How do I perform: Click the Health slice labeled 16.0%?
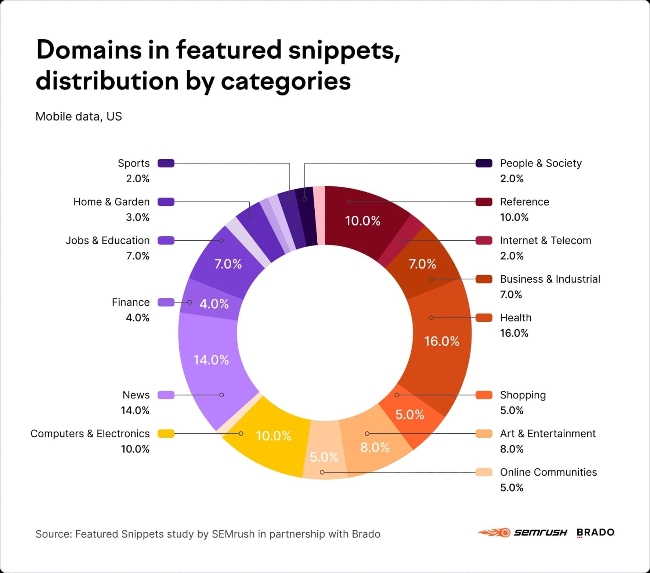coord(441,342)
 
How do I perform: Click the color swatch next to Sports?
coord(166,163)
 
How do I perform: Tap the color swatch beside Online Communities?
coord(484,472)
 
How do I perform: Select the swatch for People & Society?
coord(484,163)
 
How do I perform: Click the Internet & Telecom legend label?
coord(545,240)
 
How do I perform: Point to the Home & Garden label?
coord(111,202)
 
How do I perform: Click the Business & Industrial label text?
coord(550,279)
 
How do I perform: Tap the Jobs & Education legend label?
coord(108,240)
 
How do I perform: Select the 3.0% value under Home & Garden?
coord(138,217)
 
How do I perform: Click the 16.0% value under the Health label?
coord(514,333)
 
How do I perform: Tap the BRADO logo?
coord(595,533)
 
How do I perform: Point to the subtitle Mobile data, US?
coord(79,117)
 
